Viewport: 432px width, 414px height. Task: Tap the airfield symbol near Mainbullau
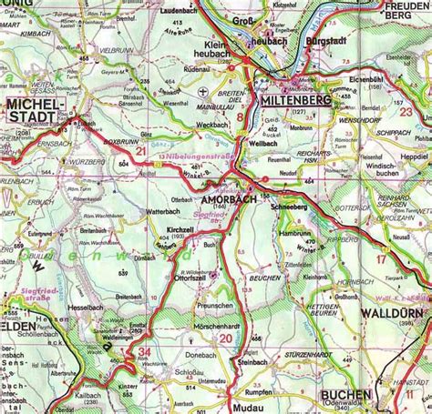pos(202,92)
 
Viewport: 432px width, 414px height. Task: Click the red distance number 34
pos(145,352)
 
